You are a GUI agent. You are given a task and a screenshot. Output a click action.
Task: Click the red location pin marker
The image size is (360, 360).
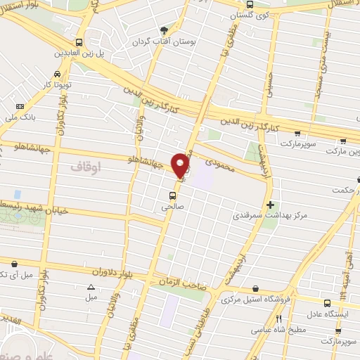181,165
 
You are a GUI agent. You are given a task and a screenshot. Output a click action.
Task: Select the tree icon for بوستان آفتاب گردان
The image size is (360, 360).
164,30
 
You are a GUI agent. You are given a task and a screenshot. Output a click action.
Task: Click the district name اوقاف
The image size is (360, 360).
86,167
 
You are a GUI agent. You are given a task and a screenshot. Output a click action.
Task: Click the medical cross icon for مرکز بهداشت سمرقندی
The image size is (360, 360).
271,204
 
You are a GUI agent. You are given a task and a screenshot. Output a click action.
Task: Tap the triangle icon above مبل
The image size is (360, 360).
90,287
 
